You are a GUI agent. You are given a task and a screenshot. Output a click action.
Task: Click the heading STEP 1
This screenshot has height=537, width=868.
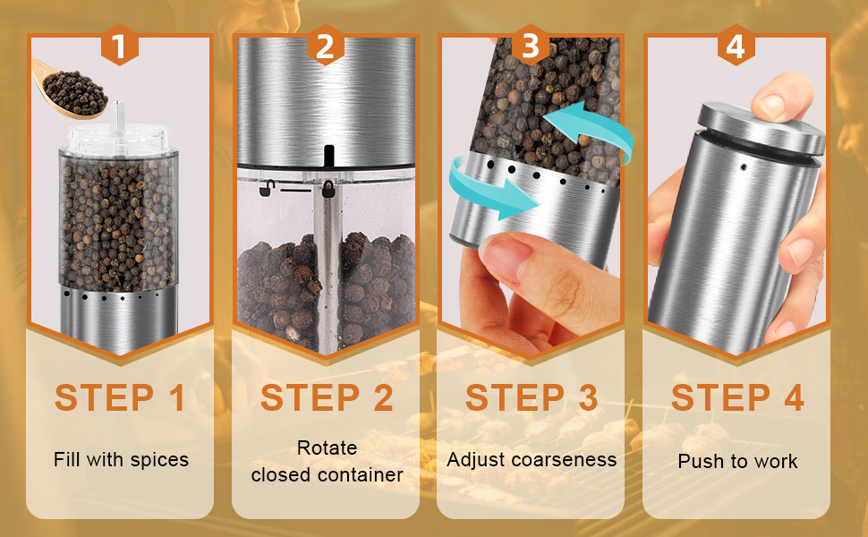tap(120, 397)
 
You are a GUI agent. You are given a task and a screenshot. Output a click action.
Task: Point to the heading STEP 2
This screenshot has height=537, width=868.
tap(327, 397)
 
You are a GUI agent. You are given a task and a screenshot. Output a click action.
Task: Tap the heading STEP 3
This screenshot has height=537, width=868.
tap(532, 397)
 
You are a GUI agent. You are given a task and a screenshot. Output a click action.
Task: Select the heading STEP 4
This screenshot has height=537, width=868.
tap(737, 397)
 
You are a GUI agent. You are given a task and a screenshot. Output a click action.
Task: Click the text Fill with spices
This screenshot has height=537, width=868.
tap(121, 460)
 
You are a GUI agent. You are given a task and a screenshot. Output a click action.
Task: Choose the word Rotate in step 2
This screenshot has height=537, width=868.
tap(327, 447)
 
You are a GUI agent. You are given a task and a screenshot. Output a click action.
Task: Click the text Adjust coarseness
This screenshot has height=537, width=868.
tap(532, 460)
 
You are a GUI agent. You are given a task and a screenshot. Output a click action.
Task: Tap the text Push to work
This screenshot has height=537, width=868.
tap(737, 462)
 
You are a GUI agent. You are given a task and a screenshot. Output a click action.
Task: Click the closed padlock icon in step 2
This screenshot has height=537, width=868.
tap(329, 189)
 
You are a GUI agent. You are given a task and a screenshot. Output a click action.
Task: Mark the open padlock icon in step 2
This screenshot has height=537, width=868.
tap(265, 188)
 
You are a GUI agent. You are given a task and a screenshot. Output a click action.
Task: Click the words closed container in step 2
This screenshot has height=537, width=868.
tap(327, 474)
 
